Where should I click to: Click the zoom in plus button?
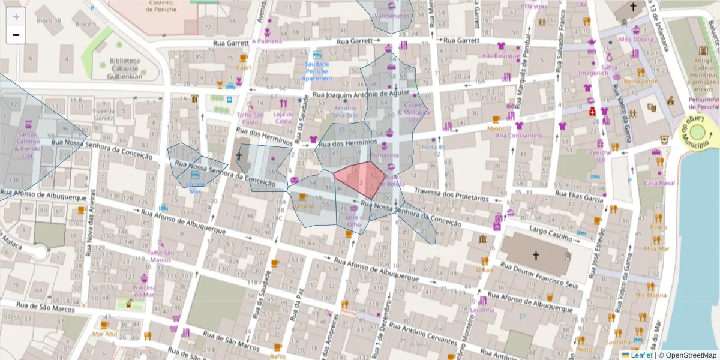[x=16, y=17]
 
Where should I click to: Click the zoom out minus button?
[x=16, y=35]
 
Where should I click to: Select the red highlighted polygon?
[x=359, y=179]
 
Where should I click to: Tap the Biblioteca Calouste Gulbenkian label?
[x=125, y=68]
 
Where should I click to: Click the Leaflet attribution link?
[x=641, y=355]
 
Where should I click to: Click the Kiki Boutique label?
[x=500, y=56]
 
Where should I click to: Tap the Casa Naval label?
[x=659, y=182]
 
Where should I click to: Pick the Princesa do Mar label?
[x=144, y=291]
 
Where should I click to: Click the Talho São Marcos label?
[x=160, y=256]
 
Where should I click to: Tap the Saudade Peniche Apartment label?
[x=317, y=71]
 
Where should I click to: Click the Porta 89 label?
[x=433, y=147]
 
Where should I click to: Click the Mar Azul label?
[x=105, y=334]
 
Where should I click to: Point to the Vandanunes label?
[x=391, y=16]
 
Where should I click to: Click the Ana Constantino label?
[x=519, y=136]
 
